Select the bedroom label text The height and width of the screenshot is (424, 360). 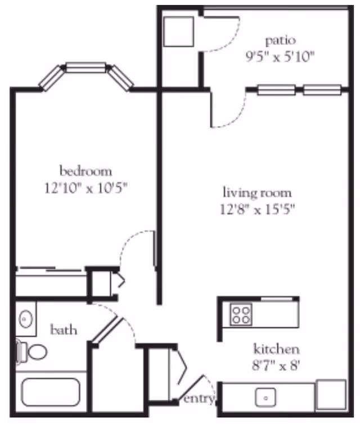(85, 170)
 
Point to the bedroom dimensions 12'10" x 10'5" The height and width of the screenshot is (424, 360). (85, 187)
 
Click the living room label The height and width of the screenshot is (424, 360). (257, 194)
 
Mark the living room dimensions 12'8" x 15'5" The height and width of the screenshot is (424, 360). (257, 210)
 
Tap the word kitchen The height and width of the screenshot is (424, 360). (276, 349)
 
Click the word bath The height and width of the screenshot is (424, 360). (63, 330)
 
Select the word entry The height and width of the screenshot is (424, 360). (199, 399)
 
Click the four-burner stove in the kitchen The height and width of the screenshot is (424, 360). (241, 314)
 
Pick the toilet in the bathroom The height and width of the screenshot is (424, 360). (33, 352)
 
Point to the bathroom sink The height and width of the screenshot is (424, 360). (26, 319)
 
